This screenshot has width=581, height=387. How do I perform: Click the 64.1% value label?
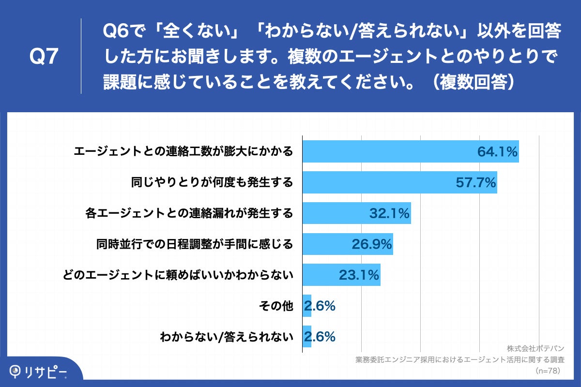click(498, 152)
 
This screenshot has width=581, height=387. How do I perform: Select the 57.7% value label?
click(476, 182)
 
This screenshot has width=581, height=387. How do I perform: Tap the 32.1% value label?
click(390, 213)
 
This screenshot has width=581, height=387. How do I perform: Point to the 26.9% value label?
click(371, 244)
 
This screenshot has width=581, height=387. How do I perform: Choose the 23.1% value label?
click(359, 275)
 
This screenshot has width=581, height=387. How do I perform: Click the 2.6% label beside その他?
click(320, 306)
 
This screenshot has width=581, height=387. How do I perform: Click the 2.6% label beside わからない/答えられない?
click(320, 337)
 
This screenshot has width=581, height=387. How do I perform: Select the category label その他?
click(276, 306)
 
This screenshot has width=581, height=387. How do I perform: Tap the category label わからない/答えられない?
click(227, 337)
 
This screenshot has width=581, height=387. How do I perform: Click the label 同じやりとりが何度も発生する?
click(212, 182)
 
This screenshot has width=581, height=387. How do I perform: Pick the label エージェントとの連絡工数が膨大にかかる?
click(183, 152)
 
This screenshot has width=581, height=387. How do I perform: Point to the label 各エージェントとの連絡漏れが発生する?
click(189, 213)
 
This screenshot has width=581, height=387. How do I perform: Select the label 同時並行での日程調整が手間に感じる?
click(195, 244)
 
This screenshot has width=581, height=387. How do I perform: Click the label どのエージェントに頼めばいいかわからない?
click(179, 275)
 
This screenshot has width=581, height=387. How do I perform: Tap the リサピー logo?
click(39, 371)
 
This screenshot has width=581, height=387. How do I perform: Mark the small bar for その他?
click(307, 306)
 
